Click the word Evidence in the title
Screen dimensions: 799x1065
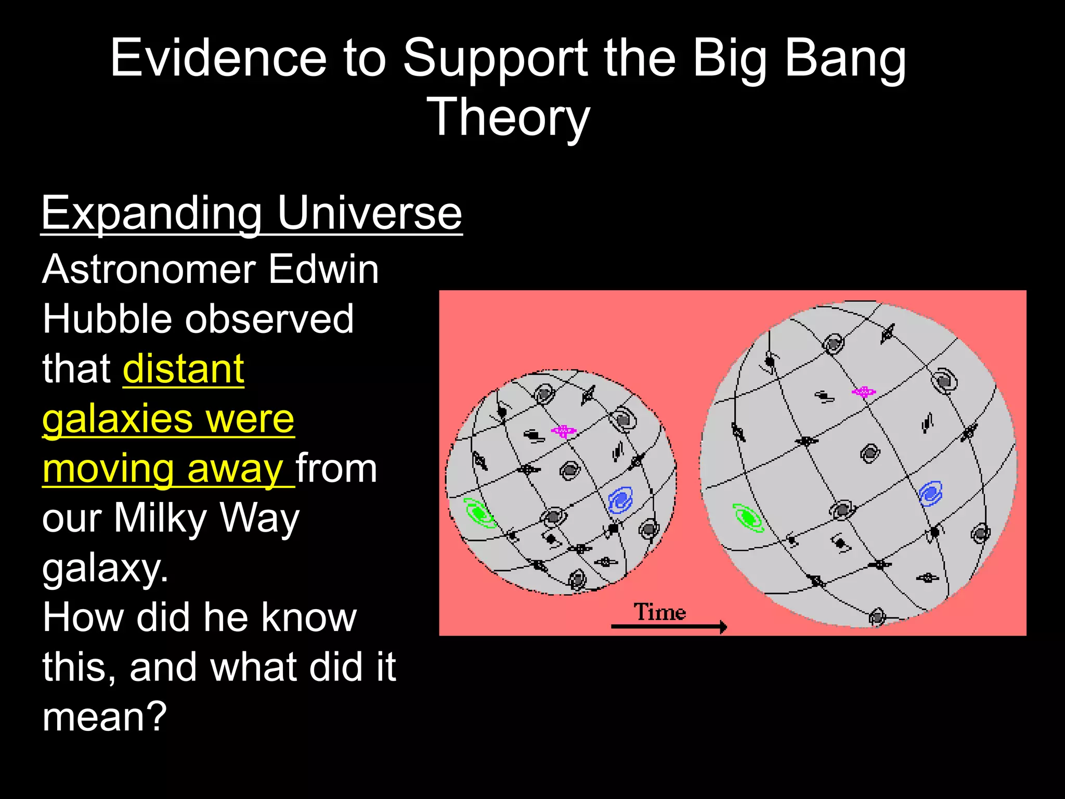[x=218, y=58]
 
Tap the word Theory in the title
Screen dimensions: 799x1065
[x=508, y=118]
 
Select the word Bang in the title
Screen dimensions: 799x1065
[x=845, y=58]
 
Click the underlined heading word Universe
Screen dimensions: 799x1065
[x=369, y=213]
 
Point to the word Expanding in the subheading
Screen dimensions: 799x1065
[x=151, y=213]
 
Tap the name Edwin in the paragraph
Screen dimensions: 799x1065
[x=323, y=269]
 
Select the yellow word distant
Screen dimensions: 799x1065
[x=184, y=369]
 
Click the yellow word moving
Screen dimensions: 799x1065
[x=108, y=469]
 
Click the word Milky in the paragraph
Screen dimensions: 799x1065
[x=161, y=518]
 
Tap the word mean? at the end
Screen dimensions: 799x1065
[x=105, y=717]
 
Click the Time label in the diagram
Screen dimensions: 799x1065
[x=659, y=612]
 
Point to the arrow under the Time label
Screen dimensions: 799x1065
[x=668, y=627]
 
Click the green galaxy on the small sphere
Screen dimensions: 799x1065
[x=479, y=514]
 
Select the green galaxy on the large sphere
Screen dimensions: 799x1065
[x=749, y=518]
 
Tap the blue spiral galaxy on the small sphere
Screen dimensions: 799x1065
[x=620, y=500]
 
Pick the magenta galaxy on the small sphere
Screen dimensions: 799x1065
[x=563, y=431]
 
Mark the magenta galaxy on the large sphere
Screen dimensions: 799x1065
[x=863, y=392]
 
